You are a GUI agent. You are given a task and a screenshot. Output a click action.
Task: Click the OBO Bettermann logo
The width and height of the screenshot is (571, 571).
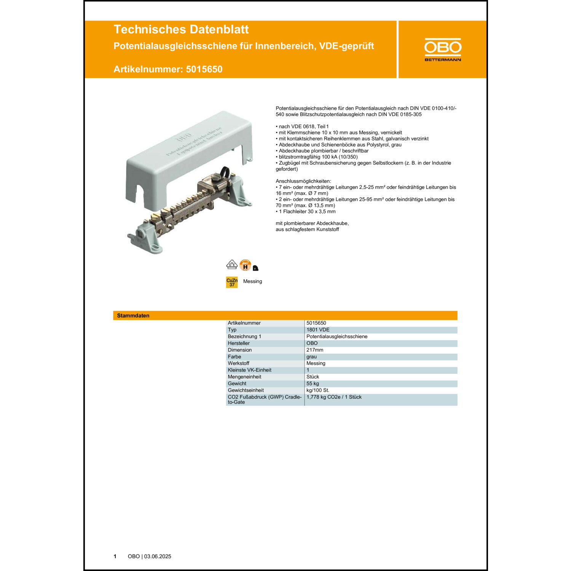pyautogui.click(x=443, y=49)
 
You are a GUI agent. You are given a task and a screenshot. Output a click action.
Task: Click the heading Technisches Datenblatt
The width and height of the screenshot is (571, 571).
pyautogui.click(x=181, y=29)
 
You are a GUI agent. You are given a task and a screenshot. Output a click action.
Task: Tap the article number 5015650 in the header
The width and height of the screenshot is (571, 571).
pyautogui.click(x=204, y=69)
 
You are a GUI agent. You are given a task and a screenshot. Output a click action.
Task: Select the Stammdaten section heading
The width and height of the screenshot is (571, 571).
pyautogui.click(x=133, y=316)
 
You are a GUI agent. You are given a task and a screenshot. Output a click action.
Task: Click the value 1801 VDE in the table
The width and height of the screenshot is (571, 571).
pyautogui.click(x=318, y=330)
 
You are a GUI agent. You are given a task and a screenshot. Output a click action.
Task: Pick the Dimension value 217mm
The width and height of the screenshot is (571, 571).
pyautogui.click(x=315, y=350)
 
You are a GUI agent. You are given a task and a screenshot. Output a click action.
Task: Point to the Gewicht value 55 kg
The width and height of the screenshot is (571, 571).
pyautogui.click(x=313, y=383)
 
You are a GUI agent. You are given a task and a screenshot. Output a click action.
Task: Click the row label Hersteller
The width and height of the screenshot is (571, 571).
pyautogui.click(x=239, y=343)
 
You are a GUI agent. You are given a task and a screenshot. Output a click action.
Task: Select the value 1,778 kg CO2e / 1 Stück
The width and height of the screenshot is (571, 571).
pyautogui.click(x=334, y=397)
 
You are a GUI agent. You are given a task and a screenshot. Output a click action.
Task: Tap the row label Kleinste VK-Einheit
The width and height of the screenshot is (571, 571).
pyautogui.click(x=249, y=370)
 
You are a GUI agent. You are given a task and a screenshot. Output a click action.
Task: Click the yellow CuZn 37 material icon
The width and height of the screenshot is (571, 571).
pyautogui.click(x=232, y=282)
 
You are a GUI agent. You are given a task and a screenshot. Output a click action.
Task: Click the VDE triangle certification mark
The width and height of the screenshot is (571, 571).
pyautogui.click(x=232, y=264)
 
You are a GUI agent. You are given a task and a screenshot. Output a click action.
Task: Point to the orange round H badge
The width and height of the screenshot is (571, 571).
pyautogui.click(x=246, y=265)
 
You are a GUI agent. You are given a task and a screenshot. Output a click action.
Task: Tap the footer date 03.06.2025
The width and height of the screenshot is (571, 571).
pyautogui.click(x=158, y=556)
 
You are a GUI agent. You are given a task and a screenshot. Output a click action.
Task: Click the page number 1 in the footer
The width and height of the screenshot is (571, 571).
pyautogui.click(x=115, y=556)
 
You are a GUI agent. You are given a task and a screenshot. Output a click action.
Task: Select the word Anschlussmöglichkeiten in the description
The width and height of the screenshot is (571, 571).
pyautogui.click(x=303, y=181)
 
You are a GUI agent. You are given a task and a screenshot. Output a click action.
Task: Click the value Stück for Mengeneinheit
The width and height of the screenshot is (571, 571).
pyautogui.click(x=313, y=377)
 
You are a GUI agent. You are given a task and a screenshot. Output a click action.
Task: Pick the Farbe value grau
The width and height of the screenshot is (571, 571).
pyautogui.click(x=311, y=357)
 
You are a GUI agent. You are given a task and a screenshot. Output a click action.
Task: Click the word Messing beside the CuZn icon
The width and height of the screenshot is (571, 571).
pyautogui.click(x=252, y=281)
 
